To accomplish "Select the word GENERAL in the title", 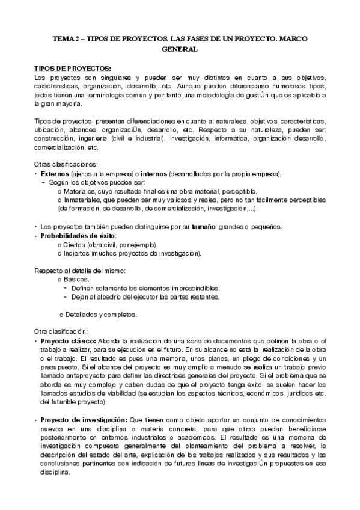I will coord(180,49).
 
